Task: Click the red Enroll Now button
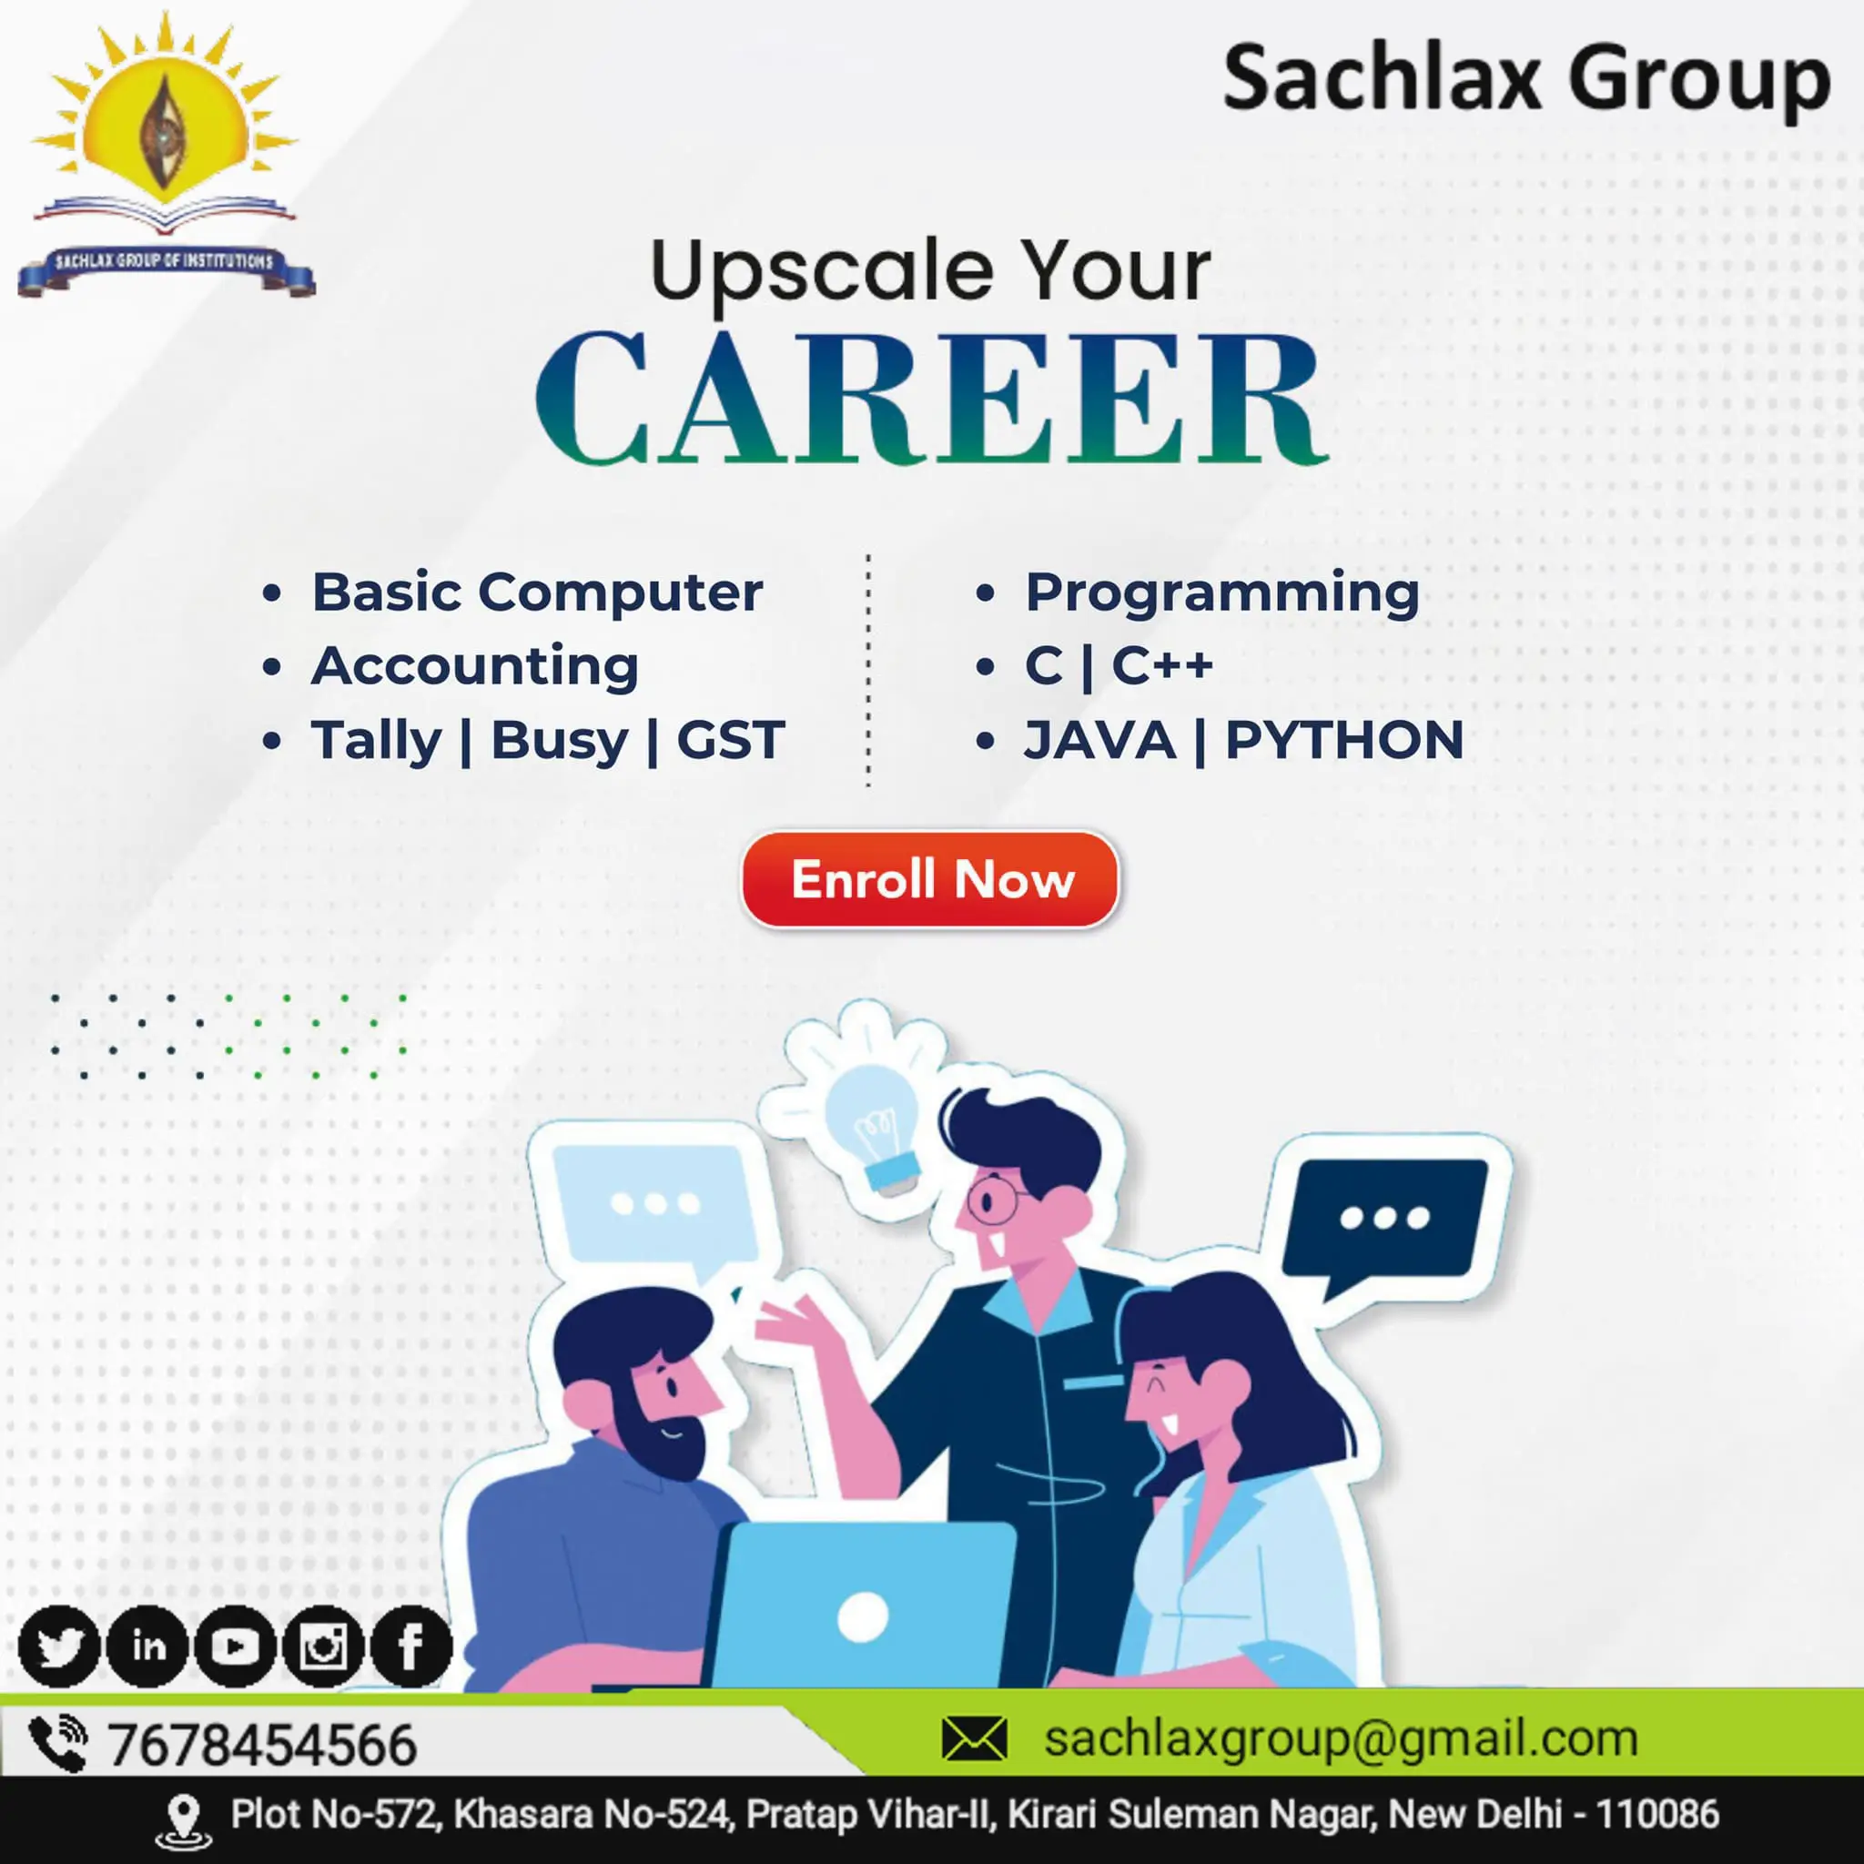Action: click(x=930, y=879)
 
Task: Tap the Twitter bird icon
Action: click(x=59, y=1646)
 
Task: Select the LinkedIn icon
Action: click(x=147, y=1646)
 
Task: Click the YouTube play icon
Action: click(x=236, y=1646)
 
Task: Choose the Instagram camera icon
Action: click(x=323, y=1646)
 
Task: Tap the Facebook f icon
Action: click(x=411, y=1646)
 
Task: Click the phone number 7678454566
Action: click(x=261, y=1745)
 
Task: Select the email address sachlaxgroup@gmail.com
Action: click(x=1341, y=1738)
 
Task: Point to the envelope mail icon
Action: click(x=975, y=1738)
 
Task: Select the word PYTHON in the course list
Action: click(x=1344, y=740)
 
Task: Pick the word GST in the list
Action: click(x=730, y=740)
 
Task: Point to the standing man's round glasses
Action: click(x=994, y=1199)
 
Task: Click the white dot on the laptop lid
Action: click(x=863, y=1616)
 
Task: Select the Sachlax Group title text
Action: click(x=1526, y=81)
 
